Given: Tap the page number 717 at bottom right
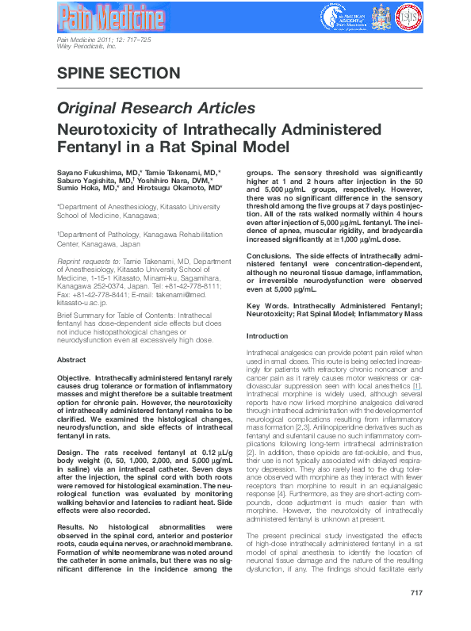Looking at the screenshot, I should click(x=416, y=615).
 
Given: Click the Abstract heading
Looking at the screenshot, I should click(x=71, y=360).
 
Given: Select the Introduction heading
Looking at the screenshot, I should click(x=267, y=336).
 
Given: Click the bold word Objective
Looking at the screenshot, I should click(x=78, y=379).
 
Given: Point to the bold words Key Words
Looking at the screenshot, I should click(x=267, y=306).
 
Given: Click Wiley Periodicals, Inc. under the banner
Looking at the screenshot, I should click(x=86, y=47).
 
